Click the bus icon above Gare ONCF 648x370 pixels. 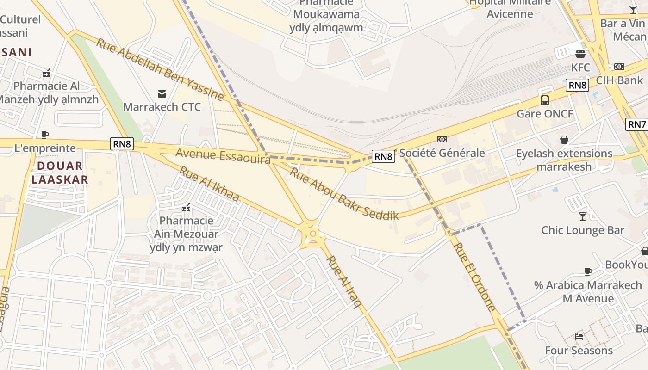[x=545, y=100]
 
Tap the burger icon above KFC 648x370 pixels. [x=580, y=54]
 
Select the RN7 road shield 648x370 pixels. [x=636, y=124]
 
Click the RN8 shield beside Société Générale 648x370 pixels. [x=383, y=156]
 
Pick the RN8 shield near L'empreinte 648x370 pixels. [x=122, y=143]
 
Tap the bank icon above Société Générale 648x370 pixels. [x=442, y=139]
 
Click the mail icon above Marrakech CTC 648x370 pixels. [x=162, y=94]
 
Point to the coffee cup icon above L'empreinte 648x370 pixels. [x=45, y=135]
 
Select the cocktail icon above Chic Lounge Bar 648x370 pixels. [x=582, y=216]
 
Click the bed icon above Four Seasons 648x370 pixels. [x=579, y=336]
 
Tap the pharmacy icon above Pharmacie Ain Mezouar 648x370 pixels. [x=187, y=208]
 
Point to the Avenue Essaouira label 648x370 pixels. [x=223, y=156]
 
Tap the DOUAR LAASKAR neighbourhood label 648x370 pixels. [x=60, y=173]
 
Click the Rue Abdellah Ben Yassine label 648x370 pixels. [x=160, y=69]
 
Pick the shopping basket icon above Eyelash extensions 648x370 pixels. [x=564, y=140]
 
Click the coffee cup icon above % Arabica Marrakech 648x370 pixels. [x=588, y=271]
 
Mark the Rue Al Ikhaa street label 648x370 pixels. [x=209, y=184]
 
